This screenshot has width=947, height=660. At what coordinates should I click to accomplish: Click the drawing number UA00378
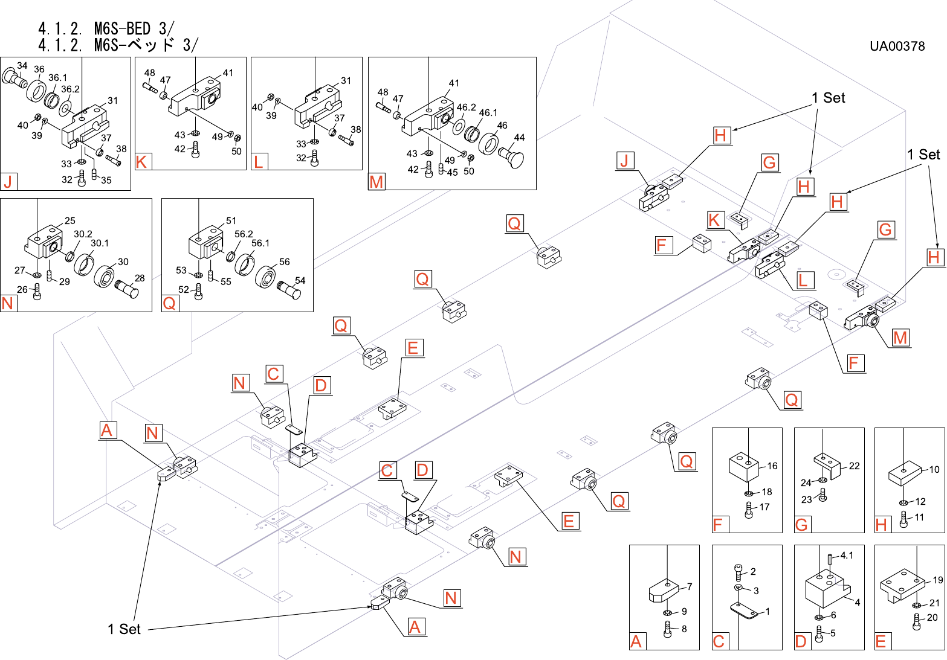pyautogui.click(x=897, y=46)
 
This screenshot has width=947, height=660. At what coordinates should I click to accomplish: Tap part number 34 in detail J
pyautogui.click(x=22, y=66)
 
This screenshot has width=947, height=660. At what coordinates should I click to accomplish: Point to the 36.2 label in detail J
pyautogui.click(x=70, y=89)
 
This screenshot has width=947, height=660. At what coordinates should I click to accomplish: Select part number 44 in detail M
pyautogui.click(x=519, y=138)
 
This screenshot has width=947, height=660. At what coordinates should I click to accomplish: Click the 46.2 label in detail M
pyautogui.click(x=466, y=107)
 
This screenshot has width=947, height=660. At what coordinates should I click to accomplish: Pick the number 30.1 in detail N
pyautogui.click(x=100, y=243)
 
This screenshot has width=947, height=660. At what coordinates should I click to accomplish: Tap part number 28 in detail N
pyautogui.click(x=140, y=278)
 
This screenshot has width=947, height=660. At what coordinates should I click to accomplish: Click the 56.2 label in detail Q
pyautogui.click(x=244, y=234)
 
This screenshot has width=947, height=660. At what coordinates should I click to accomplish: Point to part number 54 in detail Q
pyautogui.click(x=300, y=280)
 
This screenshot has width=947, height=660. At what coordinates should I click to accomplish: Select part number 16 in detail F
pyautogui.click(x=772, y=466)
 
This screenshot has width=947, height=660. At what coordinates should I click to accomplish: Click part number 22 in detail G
pyautogui.click(x=854, y=466)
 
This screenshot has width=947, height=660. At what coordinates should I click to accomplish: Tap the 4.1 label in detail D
pyautogui.click(x=847, y=555)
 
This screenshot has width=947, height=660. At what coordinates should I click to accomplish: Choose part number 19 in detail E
pyautogui.click(x=937, y=580)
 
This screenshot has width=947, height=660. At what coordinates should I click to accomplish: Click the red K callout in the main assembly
pyautogui.click(x=714, y=220)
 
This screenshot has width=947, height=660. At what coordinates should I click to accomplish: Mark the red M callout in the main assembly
pyautogui.click(x=900, y=338)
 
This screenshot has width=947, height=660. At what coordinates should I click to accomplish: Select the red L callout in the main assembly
pyautogui.click(x=803, y=280)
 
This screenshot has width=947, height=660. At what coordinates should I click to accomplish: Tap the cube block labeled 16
pyautogui.click(x=744, y=467)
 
